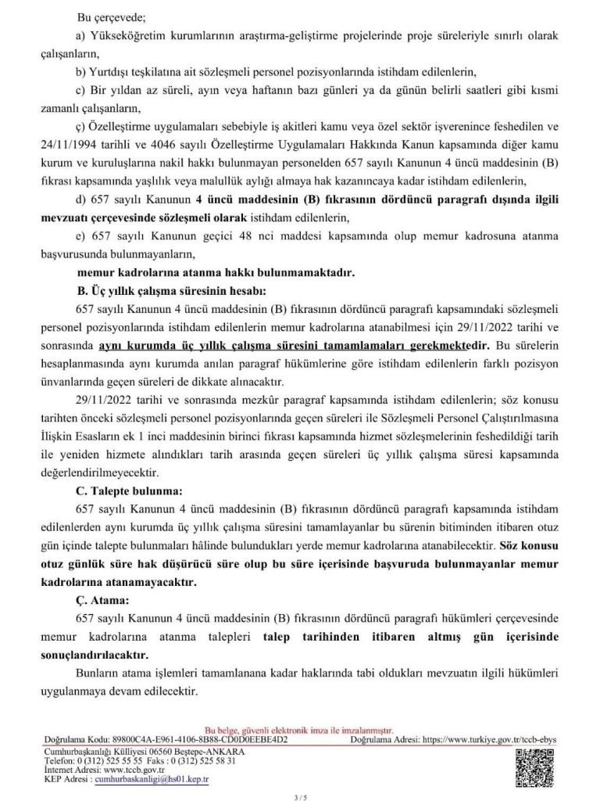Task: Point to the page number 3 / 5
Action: click(299, 793)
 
